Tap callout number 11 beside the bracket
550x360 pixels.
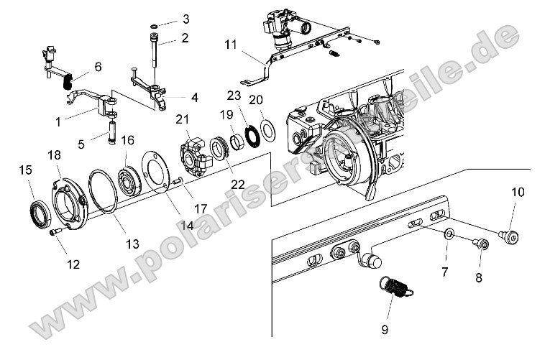(230, 45)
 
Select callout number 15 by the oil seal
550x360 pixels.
(26, 170)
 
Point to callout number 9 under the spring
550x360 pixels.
(385, 330)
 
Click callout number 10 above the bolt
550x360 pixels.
(518, 192)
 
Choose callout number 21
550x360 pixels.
(182, 119)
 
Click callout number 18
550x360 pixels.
(54, 154)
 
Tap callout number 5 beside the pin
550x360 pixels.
(81, 144)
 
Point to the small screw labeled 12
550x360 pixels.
(54, 232)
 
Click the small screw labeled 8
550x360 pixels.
(481, 245)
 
